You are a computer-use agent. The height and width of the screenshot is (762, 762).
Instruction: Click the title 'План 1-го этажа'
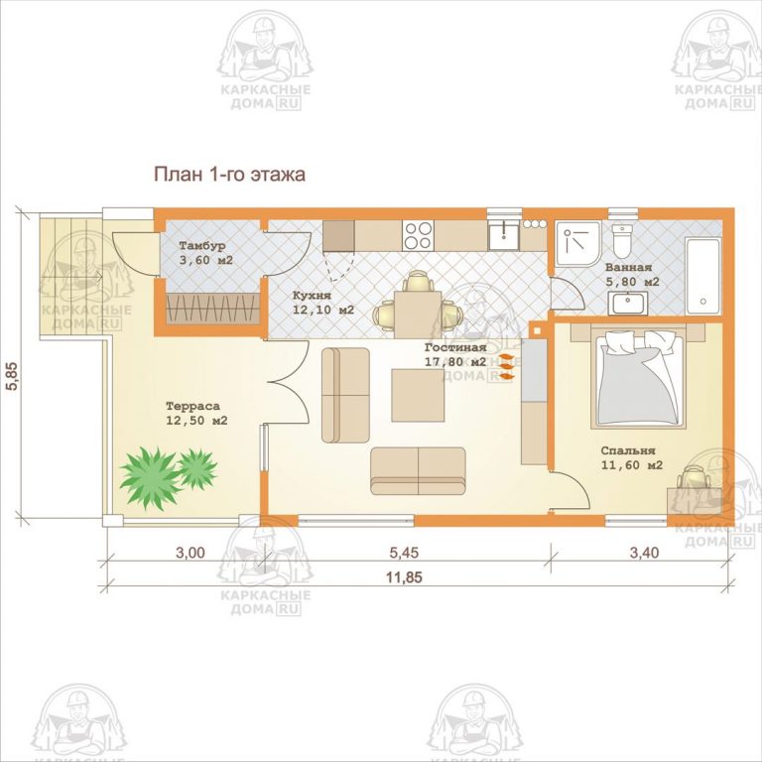point(229,174)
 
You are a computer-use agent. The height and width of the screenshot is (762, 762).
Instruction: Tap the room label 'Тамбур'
point(202,246)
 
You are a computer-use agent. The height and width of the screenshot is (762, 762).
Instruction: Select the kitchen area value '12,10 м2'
point(323,310)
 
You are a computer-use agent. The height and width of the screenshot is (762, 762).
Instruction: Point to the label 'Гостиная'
point(455,347)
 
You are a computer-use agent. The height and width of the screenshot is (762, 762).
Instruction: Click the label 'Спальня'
point(628,450)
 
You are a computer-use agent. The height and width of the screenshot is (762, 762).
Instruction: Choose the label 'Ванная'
point(628,267)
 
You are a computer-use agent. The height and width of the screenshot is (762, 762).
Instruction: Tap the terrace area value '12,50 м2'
point(196,421)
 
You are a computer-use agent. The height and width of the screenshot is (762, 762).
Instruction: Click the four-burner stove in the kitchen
point(418,235)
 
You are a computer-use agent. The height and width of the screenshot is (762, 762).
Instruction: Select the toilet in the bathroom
point(621,241)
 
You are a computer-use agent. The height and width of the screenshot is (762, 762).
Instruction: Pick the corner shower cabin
point(578,244)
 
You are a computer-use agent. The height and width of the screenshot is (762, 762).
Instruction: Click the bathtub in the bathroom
point(702,276)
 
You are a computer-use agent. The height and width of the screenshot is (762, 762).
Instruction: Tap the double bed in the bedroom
point(638,380)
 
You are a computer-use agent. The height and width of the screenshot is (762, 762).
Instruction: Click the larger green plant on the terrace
point(150,477)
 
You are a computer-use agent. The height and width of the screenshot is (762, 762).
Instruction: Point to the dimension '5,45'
point(404,553)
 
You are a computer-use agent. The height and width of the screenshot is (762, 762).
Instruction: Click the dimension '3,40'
point(644,553)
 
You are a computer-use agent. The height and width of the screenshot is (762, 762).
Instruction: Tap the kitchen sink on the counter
point(503,235)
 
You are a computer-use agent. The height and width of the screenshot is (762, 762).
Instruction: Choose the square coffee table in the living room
point(418,395)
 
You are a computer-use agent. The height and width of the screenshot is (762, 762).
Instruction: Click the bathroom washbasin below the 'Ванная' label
point(628,304)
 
